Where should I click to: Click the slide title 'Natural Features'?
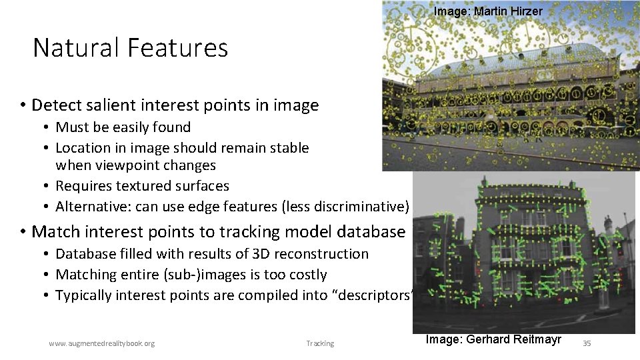(x=130, y=48)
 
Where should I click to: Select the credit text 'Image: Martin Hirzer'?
(x=488, y=11)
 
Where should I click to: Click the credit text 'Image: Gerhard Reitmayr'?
(x=493, y=339)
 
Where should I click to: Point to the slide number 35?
(x=587, y=343)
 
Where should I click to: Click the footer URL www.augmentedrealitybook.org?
(x=101, y=343)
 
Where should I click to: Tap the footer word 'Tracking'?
(x=320, y=343)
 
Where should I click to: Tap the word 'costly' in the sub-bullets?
(x=305, y=275)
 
